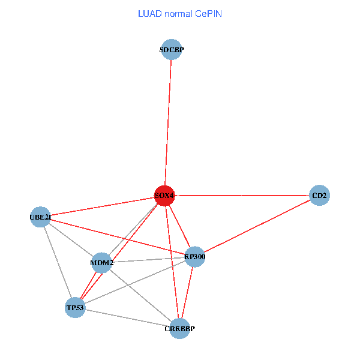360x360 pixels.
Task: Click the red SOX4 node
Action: [x=164, y=196]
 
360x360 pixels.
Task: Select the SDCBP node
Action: [x=172, y=49]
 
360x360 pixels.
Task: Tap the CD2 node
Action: [x=319, y=196]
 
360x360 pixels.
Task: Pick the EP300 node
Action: [x=195, y=257]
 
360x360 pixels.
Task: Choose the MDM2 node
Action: [x=102, y=263]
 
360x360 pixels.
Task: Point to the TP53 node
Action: [x=75, y=307]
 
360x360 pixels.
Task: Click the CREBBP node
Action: [x=179, y=329]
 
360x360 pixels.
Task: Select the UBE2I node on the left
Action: [x=40, y=217]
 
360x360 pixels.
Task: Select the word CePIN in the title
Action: [x=208, y=14]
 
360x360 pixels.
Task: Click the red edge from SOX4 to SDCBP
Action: [x=168, y=122]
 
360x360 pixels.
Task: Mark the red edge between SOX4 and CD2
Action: [x=242, y=196]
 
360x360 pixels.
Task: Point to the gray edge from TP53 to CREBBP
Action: [x=127, y=318]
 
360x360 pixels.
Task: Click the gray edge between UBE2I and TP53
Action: [x=58, y=262]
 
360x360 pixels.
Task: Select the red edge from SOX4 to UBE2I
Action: [x=103, y=206]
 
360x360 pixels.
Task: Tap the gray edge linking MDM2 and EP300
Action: [x=148, y=260]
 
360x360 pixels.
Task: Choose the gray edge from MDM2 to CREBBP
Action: [x=140, y=296]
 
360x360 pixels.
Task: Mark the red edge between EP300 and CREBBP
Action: [x=187, y=293]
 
